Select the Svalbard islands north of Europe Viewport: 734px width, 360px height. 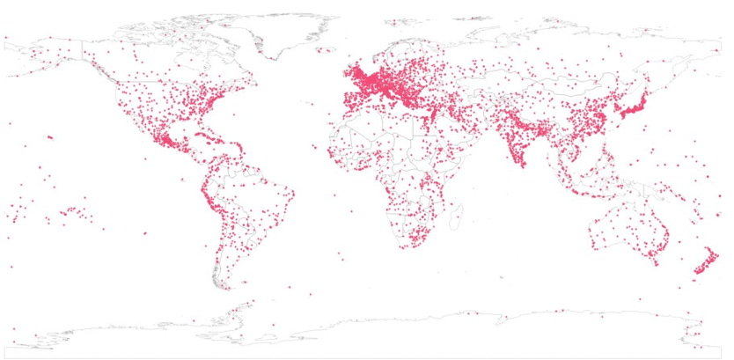pyautogui.click(x=400, y=19)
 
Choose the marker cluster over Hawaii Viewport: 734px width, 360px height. pyautogui.click(x=49, y=137)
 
